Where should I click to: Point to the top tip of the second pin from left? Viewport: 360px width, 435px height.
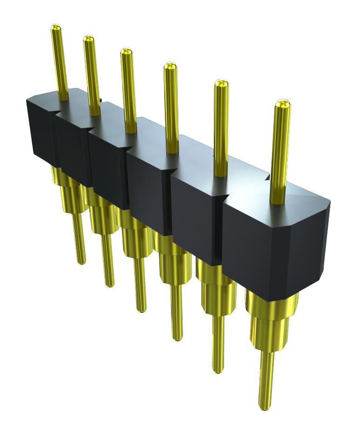88,39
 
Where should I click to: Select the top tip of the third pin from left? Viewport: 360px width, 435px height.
125,52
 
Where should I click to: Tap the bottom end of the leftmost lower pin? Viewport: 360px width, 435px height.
81,261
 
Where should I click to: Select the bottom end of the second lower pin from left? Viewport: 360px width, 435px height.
110,283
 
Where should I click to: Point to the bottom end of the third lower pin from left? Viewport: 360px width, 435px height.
142,308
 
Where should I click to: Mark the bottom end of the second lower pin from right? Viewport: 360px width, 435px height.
218,370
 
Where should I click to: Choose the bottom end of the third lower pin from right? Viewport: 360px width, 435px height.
177,337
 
